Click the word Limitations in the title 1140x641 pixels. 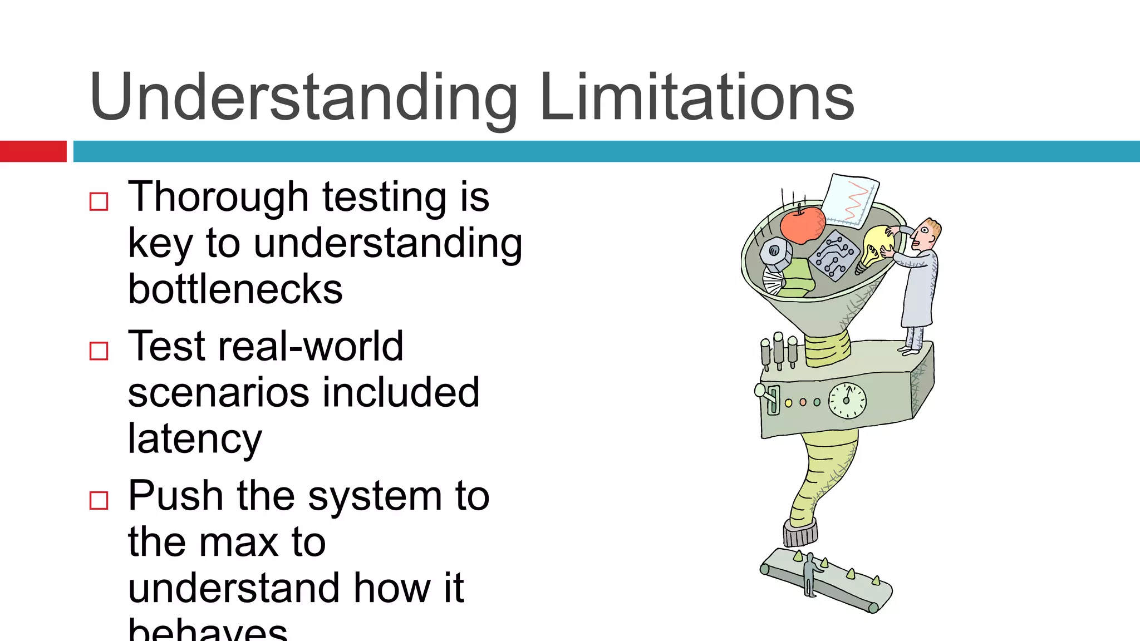click(697, 97)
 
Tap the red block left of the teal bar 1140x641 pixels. click(33, 151)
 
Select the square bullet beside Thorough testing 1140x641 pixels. click(99, 201)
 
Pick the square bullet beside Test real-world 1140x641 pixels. click(99, 351)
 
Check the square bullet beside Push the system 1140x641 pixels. click(99, 500)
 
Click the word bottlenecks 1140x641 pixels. click(235, 289)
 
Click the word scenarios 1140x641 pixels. click(217, 393)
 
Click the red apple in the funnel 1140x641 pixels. click(802, 224)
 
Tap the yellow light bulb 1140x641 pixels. click(876, 246)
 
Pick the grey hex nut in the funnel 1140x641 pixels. click(775, 253)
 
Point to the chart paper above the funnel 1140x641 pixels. click(850, 200)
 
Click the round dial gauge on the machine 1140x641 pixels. click(847, 401)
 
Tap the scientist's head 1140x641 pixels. click(927, 233)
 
